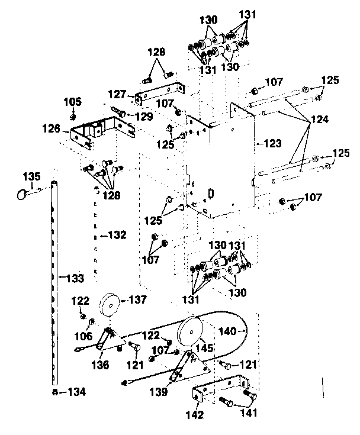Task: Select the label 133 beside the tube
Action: point(75,277)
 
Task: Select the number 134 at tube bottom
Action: point(75,391)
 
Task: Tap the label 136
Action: point(99,365)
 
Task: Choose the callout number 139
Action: point(158,391)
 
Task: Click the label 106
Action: point(83,336)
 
